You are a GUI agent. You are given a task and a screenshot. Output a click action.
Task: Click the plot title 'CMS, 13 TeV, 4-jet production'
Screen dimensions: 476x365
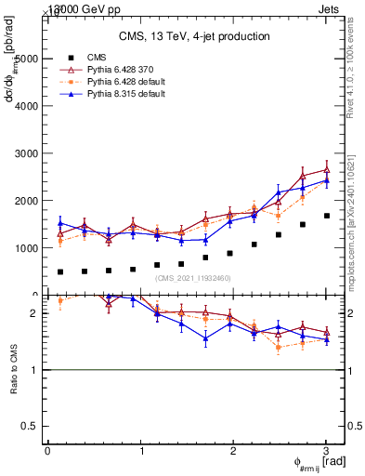pyautogui.click(x=194, y=36)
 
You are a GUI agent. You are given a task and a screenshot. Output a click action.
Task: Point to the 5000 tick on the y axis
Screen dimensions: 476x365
pyautogui.click(x=25, y=59)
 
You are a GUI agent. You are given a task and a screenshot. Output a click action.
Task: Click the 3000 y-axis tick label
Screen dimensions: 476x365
pyautogui.click(x=25, y=153)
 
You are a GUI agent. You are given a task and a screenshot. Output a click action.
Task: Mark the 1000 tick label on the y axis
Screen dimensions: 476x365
pyautogui.click(x=25, y=248)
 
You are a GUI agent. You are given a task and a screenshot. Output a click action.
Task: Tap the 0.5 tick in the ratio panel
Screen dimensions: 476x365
pyautogui.click(x=32, y=426)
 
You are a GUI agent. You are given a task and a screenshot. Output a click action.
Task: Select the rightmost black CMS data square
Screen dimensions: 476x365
pyautogui.click(x=326, y=216)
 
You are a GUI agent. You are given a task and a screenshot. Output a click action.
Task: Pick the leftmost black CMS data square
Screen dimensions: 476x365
pyautogui.click(x=60, y=272)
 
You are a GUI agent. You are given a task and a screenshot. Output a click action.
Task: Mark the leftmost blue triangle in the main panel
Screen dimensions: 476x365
pyautogui.click(x=60, y=223)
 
